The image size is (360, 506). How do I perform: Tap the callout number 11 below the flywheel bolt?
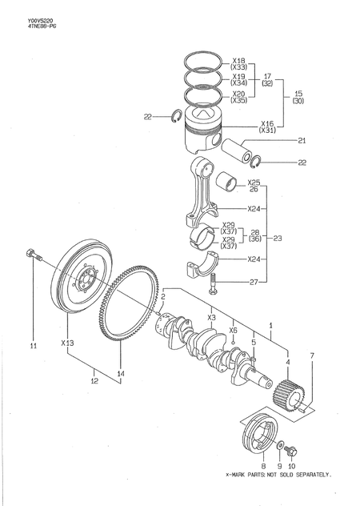(x=34, y=346)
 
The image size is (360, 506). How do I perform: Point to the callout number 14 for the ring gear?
(x=121, y=374)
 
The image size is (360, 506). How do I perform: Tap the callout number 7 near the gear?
(x=312, y=355)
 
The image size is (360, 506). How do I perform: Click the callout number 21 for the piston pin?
(x=302, y=142)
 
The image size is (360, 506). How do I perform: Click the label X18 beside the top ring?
(x=238, y=60)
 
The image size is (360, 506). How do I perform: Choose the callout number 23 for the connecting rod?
(x=278, y=238)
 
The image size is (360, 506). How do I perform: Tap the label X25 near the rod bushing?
(x=254, y=183)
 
